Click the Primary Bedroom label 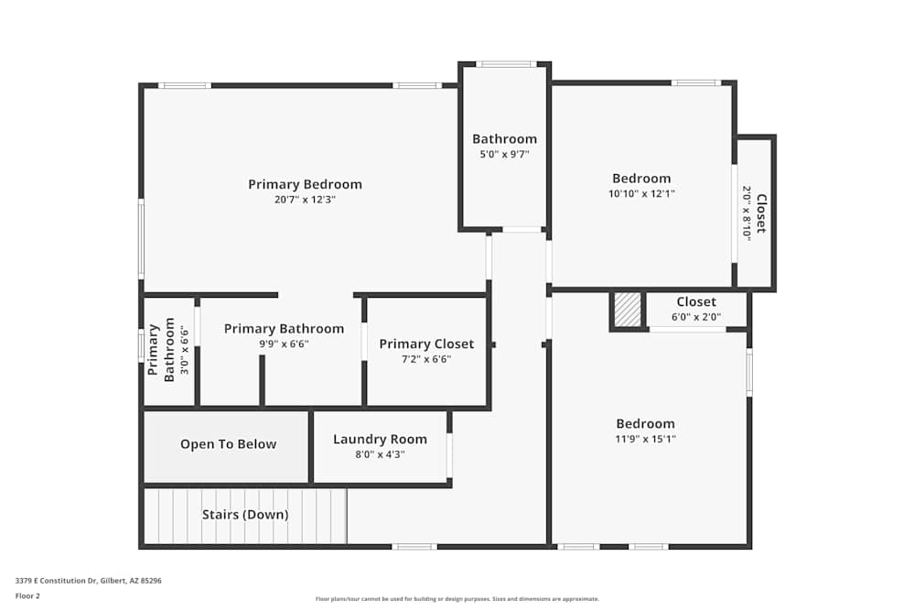[x=306, y=185]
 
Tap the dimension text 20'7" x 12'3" [x=306, y=200]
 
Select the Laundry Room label [x=380, y=440]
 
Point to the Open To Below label [x=228, y=444]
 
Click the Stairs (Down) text [x=245, y=515]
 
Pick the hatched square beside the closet [x=628, y=310]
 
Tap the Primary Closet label [x=426, y=344]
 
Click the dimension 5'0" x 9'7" [x=504, y=155]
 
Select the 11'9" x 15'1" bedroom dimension [x=645, y=440]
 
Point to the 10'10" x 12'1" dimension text [x=641, y=194]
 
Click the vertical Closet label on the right [x=761, y=213]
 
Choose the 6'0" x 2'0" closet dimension [x=696, y=317]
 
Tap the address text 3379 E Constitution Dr [x=56, y=581]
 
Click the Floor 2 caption [x=27, y=595]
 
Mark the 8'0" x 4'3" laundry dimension [x=380, y=454]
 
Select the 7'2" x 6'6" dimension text [x=426, y=359]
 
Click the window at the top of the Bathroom [x=506, y=64]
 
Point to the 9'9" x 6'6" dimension [x=285, y=344]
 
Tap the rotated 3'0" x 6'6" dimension [x=185, y=350]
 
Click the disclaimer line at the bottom [x=457, y=599]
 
